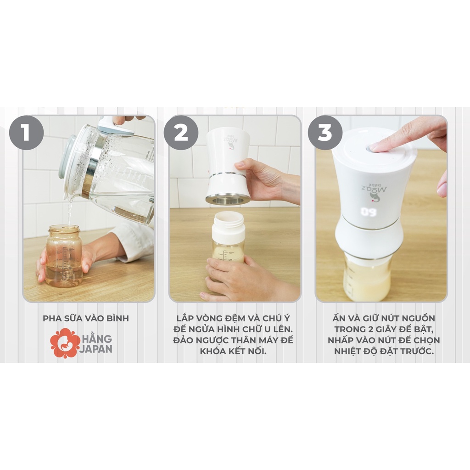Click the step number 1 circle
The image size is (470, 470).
click(26, 132)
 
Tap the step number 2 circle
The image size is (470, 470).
click(181, 132)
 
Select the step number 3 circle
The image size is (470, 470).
click(325, 132)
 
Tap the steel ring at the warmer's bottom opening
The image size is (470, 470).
click(228, 199)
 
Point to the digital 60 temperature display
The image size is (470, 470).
click(369, 212)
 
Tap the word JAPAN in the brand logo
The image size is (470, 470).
click(95, 349)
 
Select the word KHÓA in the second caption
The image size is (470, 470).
click(213, 351)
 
